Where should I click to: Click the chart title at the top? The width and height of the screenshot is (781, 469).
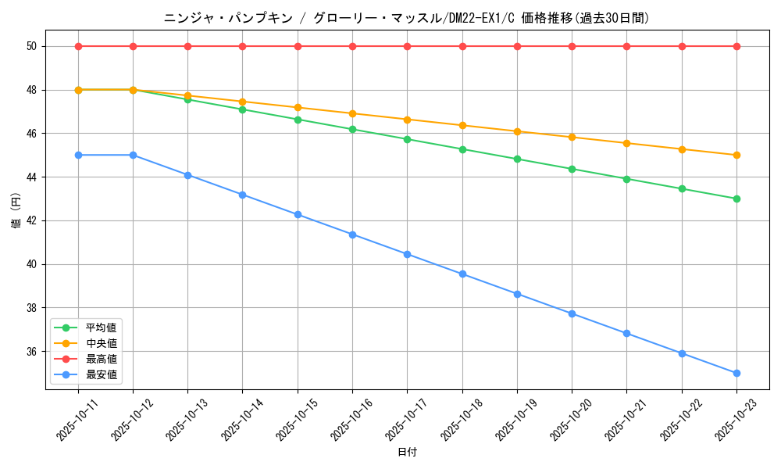tap(406, 18)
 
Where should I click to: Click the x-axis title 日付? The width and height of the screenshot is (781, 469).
tap(407, 453)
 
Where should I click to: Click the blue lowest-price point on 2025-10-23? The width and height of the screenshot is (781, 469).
tap(736, 373)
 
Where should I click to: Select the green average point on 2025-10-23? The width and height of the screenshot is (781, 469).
tap(736, 199)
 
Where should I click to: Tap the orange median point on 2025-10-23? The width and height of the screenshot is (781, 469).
tap(736, 155)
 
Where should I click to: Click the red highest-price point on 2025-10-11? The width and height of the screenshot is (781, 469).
tap(78, 46)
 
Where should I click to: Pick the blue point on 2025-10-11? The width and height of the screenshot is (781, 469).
tap(78, 155)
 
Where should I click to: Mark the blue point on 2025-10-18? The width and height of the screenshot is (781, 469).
tap(462, 274)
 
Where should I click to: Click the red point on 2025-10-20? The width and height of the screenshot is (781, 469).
tap(572, 46)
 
